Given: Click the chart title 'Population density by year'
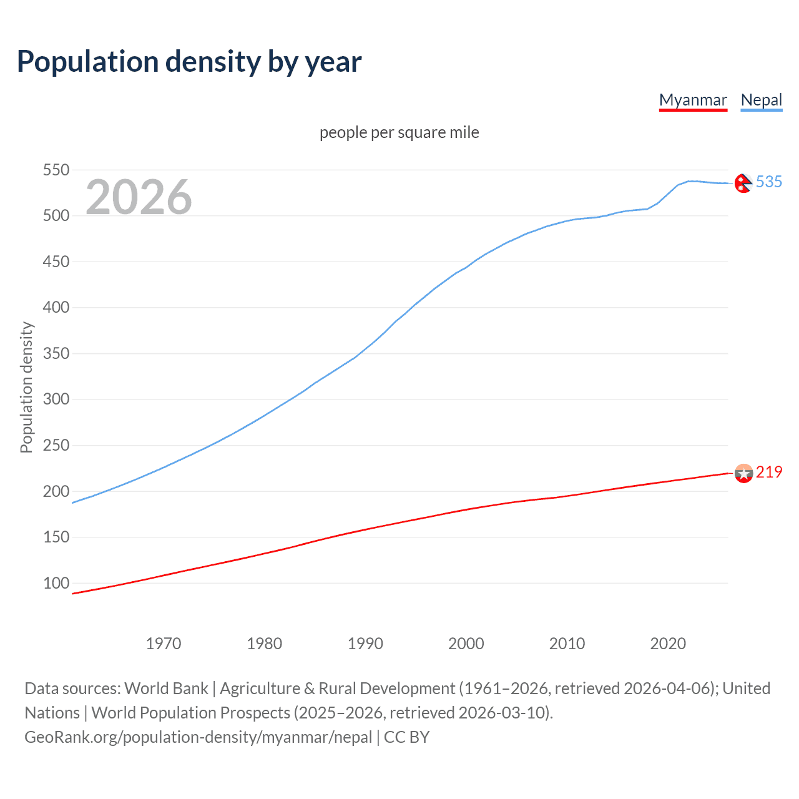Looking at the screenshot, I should click(x=189, y=62).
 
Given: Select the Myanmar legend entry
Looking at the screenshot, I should click(x=693, y=100).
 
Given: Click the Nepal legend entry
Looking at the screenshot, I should click(x=761, y=100).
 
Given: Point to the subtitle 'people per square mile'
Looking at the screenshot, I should click(x=399, y=132).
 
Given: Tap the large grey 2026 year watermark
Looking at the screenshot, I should click(x=139, y=197).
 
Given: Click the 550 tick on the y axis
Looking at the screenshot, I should click(x=56, y=170).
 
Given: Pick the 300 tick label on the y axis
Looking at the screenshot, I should click(x=56, y=399).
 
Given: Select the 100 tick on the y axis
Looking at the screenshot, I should click(x=56, y=583).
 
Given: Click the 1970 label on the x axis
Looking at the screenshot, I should click(x=164, y=644).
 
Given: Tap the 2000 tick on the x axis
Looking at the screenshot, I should click(x=466, y=644).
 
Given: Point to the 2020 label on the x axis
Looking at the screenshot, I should click(x=668, y=644).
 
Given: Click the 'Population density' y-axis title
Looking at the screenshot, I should click(x=26, y=387).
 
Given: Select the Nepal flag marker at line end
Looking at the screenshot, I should click(x=743, y=183).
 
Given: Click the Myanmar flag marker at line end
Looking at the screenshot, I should click(x=743, y=473).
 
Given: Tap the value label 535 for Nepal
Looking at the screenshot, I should click(x=769, y=182).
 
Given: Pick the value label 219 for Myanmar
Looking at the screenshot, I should click(x=769, y=472).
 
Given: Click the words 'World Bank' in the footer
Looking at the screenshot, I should click(x=166, y=688).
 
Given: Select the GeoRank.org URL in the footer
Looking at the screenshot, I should click(x=198, y=737).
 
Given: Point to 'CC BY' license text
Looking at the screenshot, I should click(x=406, y=737).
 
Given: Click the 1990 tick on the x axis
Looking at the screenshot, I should click(x=365, y=644).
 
